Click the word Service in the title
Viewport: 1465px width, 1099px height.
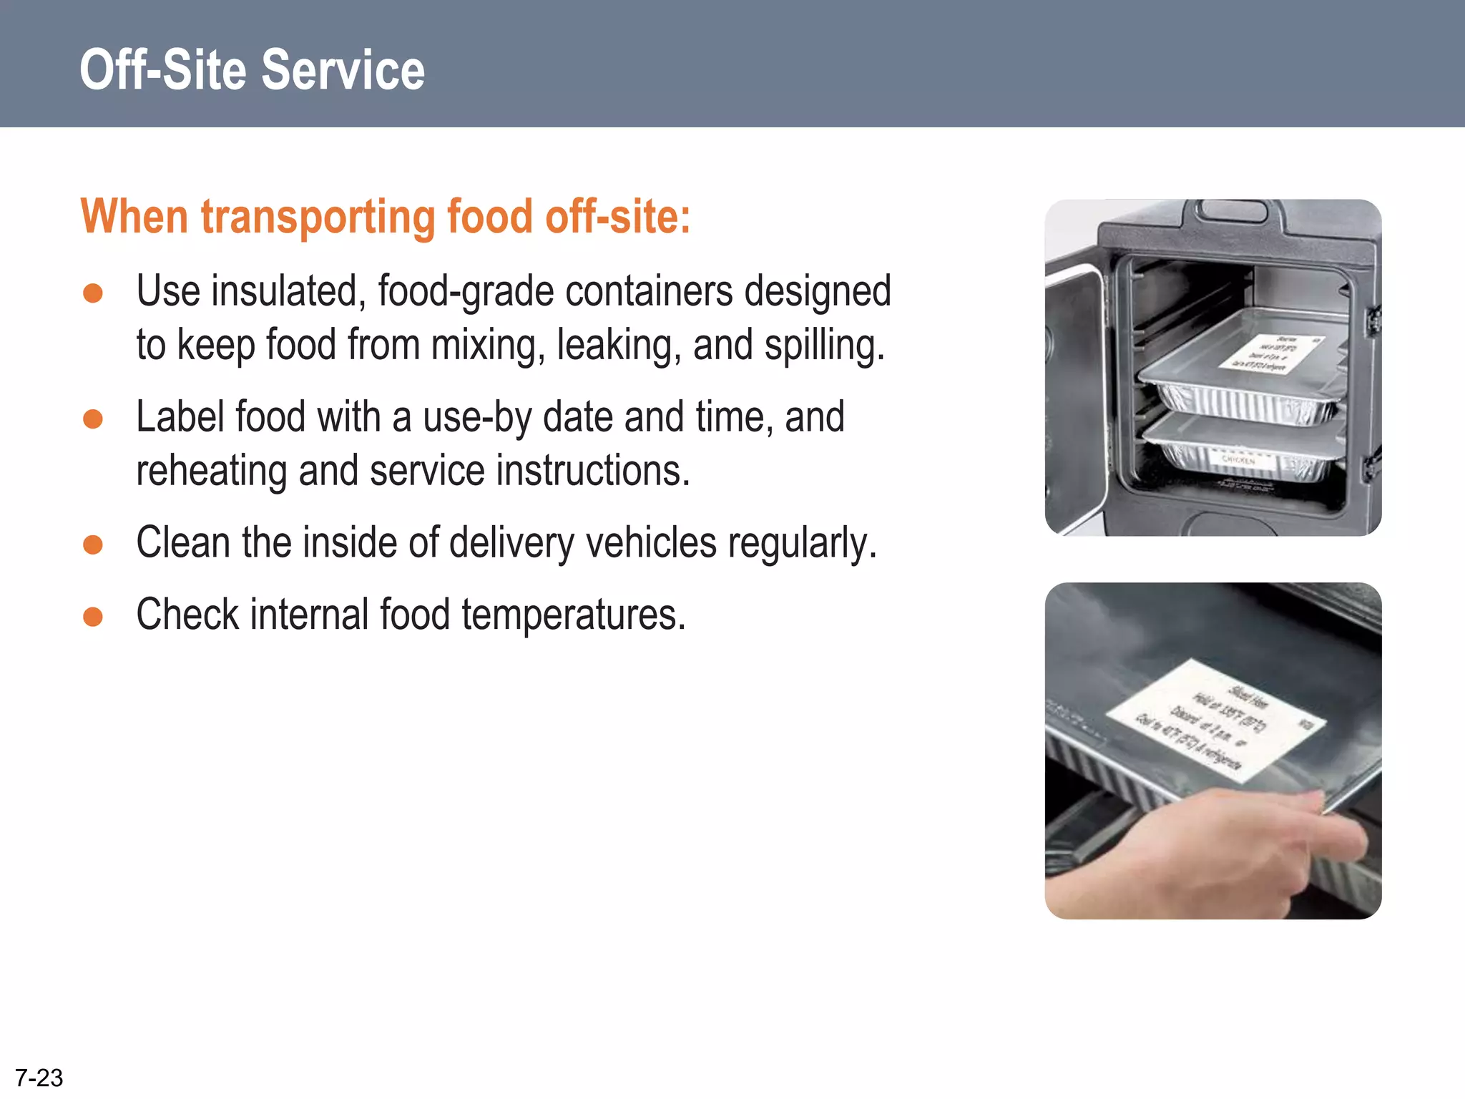coord(343,70)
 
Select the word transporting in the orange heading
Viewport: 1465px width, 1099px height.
coord(318,217)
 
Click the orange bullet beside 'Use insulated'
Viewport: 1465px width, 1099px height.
coord(93,293)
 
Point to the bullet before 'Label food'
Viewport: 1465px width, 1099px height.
coord(93,419)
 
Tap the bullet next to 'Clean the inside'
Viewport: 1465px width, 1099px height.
coord(93,545)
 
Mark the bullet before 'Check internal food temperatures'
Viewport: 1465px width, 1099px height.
coord(93,617)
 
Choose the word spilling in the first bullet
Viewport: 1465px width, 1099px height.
coord(824,346)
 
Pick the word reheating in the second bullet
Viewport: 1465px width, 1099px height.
coord(211,472)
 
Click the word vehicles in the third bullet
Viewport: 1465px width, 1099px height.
coord(651,543)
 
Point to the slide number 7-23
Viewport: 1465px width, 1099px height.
coord(39,1078)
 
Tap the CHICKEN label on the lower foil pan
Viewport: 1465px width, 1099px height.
coord(1238,461)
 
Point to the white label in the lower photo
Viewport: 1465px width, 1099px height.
coord(1216,719)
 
